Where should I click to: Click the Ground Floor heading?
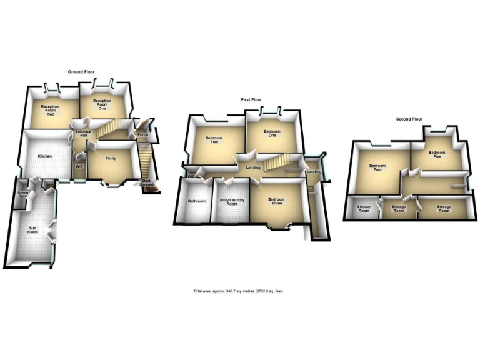point(81,72)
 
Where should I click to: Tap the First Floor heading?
point(251,99)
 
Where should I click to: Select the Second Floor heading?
point(409,119)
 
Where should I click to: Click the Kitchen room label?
point(44,156)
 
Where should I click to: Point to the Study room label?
point(111,160)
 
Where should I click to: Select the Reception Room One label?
point(102,103)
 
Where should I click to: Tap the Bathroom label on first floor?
point(197,201)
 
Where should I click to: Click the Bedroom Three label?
point(276,201)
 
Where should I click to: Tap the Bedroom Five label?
point(436,154)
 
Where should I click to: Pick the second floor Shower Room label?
point(364,209)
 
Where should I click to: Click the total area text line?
point(238,291)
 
